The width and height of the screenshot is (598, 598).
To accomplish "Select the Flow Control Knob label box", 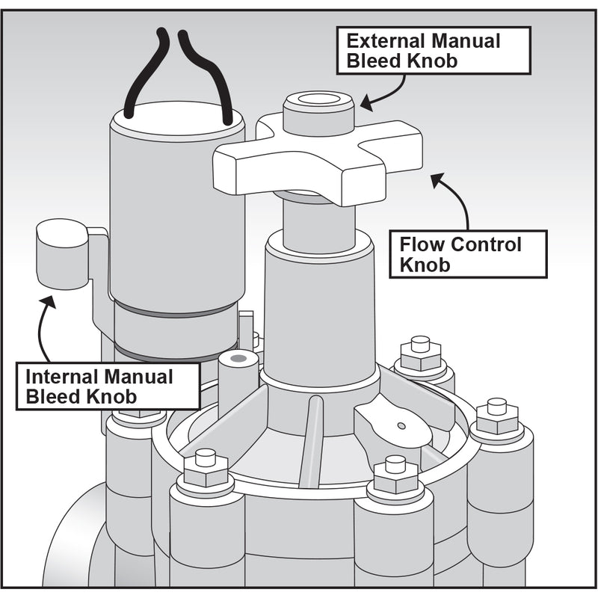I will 469,254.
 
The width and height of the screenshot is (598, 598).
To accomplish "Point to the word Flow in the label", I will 419,244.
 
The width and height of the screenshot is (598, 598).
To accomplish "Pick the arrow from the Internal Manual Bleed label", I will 43,329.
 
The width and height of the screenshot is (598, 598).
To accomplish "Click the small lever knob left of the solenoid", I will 62,254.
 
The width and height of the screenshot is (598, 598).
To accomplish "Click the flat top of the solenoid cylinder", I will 178,120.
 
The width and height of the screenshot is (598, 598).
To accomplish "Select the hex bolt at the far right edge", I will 497,419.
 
